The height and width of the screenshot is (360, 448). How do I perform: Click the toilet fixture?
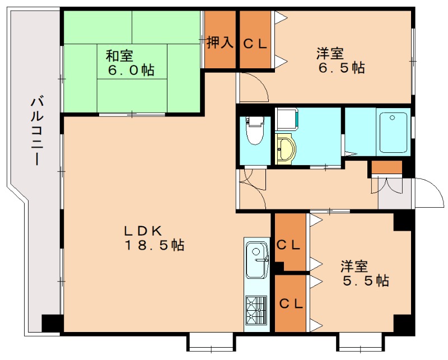(x=255, y=130)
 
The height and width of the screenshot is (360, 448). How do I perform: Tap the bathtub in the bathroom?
(x=393, y=133)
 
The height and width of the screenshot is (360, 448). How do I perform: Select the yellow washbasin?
(x=286, y=149)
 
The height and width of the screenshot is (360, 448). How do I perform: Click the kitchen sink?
(x=257, y=259)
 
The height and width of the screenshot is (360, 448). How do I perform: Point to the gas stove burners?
(x=256, y=310)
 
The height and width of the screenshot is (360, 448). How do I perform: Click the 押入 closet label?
(x=220, y=43)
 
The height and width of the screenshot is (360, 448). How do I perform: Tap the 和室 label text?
(x=119, y=56)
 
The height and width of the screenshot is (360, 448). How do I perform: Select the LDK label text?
(x=143, y=230)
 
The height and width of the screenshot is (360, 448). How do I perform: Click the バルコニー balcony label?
(x=37, y=132)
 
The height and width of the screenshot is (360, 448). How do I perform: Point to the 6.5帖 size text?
(x=342, y=68)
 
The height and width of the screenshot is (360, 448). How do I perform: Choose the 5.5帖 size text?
(x=366, y=280)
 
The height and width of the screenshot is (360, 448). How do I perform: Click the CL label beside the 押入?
(x=255, y=44)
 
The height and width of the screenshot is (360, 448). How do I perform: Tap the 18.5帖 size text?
(x=155, y=245)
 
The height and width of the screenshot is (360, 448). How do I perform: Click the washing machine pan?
(x=287, y=119)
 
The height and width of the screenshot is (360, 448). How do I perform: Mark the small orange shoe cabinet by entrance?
(x=386, y=167)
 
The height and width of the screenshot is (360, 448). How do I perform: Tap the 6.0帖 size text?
(x=131, y=70)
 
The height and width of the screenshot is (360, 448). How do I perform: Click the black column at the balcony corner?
(x=52, y=324)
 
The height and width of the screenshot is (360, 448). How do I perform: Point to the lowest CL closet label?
(x=291, y=303)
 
